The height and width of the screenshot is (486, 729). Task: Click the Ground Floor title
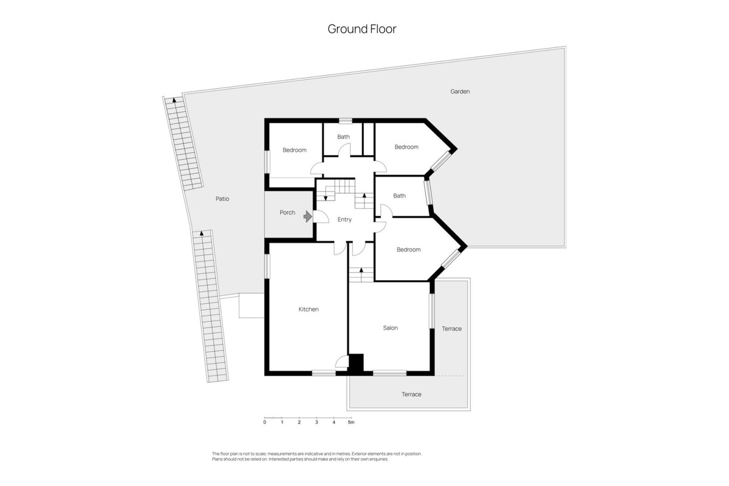[x=362, y=29]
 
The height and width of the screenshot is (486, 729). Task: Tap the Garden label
[x=460, y=92]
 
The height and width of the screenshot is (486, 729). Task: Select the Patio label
[x=222, y=199]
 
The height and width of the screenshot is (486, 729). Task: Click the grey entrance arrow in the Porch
[x=307, y=216]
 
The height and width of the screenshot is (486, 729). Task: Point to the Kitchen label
[x=309, y=309]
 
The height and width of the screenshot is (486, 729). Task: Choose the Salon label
[x=390, y=328]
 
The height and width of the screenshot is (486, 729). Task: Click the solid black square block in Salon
[x=356, y=363]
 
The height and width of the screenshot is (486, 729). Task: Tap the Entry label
[x=344, y=220]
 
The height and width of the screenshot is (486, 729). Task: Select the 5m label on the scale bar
[x=351, y=422]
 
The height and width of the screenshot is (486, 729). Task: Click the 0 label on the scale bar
[x=265, y=422]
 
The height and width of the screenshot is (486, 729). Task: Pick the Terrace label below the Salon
[x=411, y=394]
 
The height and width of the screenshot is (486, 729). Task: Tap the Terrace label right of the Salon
[x=452, y=329]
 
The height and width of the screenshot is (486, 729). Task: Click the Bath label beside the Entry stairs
[x=399, y=196]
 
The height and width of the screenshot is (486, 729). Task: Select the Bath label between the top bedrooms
[x=343, y=137]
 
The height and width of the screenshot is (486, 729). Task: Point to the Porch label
[x=287, y=213]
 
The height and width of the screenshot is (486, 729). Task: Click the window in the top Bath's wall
[x=345, y=121]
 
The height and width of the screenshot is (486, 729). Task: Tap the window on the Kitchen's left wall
[x=267, y=266]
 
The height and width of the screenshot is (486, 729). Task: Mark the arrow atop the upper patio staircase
[x=174, y=100]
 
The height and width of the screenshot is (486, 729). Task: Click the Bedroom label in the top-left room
[x=295, y=150]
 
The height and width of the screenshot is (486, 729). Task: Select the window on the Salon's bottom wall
[x=389, y=373]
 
